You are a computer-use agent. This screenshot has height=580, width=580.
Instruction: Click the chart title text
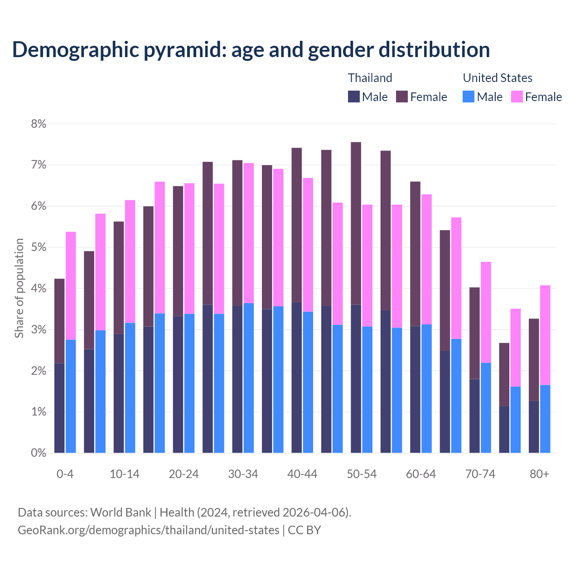coord(251,49)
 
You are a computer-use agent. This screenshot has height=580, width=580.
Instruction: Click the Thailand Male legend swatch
coord(353,97)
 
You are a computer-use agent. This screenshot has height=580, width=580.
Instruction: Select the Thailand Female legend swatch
coord(402,97)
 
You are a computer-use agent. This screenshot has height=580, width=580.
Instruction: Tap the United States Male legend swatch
coord(469,97)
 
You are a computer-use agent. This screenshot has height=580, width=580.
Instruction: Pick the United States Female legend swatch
coord(517,97)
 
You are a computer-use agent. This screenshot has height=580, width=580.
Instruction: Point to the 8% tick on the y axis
coord(39,124)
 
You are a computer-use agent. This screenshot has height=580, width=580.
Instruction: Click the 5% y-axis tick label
coord(39,247)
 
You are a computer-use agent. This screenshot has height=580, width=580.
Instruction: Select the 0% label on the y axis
coord(39,453)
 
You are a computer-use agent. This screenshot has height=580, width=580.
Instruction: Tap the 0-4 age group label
coord(65,474)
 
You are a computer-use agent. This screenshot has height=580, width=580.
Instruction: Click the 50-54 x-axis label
coord(362,474)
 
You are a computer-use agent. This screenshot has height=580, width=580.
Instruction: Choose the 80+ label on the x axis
coord(539,474)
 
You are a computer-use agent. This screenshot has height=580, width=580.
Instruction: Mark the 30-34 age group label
coord(243,474)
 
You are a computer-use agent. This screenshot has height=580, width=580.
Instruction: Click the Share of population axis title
coord(19,288)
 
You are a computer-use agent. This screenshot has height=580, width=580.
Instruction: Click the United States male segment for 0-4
coord(71,396)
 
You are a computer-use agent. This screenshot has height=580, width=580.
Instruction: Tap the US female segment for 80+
coord(545,335)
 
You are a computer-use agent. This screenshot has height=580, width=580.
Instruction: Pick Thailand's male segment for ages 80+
coord(534,426)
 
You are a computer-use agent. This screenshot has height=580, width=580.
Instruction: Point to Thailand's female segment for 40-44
coord(297,225)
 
